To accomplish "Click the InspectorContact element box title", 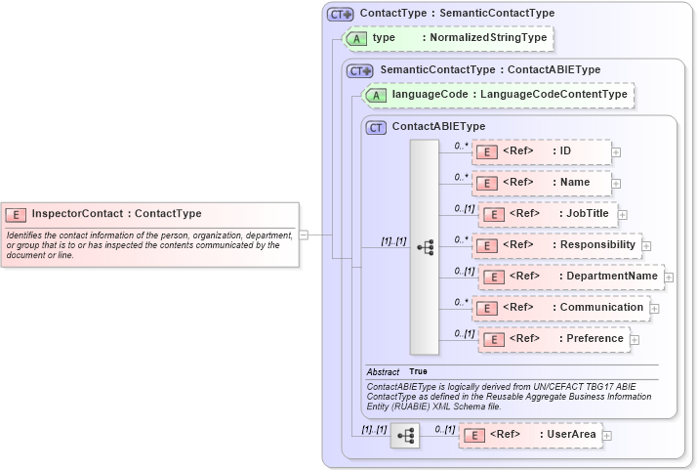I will click(116, 213).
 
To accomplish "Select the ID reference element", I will click(541, 151).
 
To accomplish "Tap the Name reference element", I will click(543, 182).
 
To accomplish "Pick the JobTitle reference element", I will click(547, 213).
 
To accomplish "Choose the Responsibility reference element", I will click(555, 244).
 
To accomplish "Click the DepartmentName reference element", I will click(570, 277).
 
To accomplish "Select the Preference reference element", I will click(553, 339).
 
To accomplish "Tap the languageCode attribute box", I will click(498, 95).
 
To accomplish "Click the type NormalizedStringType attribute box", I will click(445, 38).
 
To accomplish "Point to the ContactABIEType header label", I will click(438, 127).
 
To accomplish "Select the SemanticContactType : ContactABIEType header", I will click(490, 70).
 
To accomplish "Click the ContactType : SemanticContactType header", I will click(457, 14).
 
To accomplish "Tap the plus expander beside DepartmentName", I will click(669, 278).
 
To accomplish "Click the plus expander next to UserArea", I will click(607, 435).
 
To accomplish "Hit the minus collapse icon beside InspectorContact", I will click(304, 235).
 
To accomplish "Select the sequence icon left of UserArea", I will click(405, 434).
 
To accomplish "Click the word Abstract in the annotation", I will click(384, 372).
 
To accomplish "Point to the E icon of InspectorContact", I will click(17, 213).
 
